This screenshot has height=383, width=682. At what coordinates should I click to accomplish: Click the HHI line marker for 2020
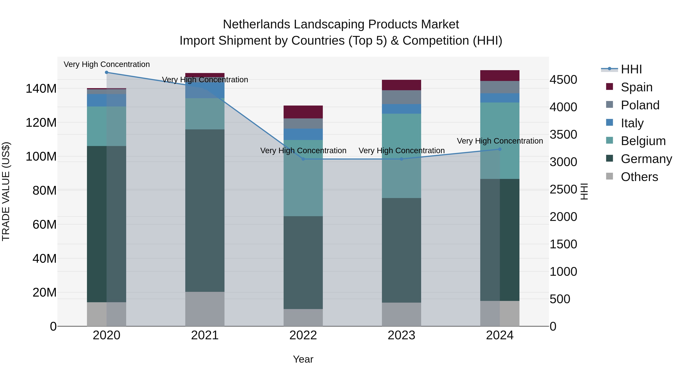106,72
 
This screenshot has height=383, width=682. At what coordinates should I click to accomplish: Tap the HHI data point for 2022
303,159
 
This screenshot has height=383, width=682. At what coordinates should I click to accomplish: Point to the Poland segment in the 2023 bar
401,97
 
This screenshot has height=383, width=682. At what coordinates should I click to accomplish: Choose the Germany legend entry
646,159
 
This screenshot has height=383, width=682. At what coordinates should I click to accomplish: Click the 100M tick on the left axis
41,156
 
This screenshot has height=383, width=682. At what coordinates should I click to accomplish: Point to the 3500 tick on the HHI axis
563,134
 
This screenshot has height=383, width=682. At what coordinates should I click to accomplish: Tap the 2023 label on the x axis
401,335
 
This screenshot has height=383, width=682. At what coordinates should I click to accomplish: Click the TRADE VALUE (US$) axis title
6,191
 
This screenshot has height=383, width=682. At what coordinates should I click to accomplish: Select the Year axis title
303,359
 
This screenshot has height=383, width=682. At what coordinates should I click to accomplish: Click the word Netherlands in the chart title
256,24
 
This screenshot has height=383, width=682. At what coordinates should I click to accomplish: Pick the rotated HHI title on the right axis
584,191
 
